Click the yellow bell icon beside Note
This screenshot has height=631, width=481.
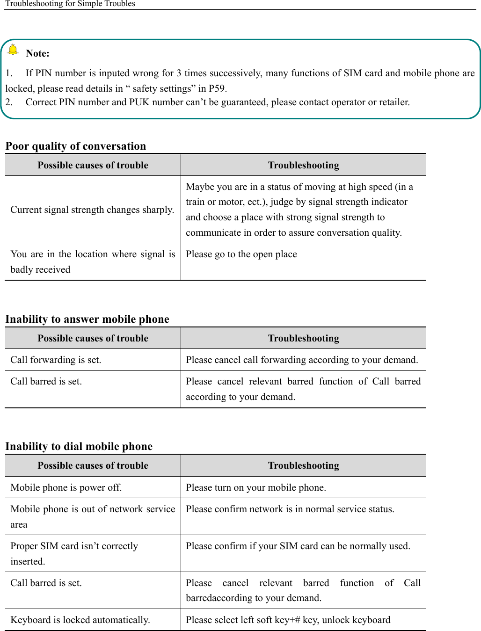pyautogui.click(x=13, y=50)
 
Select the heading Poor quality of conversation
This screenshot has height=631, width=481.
pyautogui.click(x=76, y=146)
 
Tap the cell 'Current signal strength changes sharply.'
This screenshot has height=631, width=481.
pyautogui.click(x=92, y=210)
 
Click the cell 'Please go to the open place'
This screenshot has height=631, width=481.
pyautogui.click(x=241, y=254)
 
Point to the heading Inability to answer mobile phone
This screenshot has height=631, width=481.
pyautogui.click(x=87, y=319)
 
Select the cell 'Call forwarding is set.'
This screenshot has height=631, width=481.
pyautogui.click(x=56, y=360)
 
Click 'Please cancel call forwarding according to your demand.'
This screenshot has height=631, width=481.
pyautogui.click(x=302, y=360)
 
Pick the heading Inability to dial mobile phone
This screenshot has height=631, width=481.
pyautogui.click(x=79, y=446)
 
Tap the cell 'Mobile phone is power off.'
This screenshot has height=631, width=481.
pyautogui.click(x=66, y=487)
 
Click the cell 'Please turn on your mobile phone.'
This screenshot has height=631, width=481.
pyautogui.click(x=256, y=487)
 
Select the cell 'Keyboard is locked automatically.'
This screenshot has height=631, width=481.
pyautogui.click(x=80, y=620)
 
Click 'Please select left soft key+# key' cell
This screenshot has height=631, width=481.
pyautogui.click(x=288, y=620)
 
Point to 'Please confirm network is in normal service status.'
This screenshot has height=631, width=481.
pyautogui.click(x=290, y=509)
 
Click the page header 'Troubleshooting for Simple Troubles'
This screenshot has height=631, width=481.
pyautogui.click(x=70, y=4)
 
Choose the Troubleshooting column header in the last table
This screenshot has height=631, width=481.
pyautogui.click(x=303, y=465)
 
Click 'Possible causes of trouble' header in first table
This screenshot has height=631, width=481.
pyautogui.click(x=93, y=165)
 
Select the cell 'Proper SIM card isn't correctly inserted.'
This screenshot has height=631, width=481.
pyautogui.click(x=74, y=553)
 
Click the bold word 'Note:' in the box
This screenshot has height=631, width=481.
pyautogui.click(x=37, y=53)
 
